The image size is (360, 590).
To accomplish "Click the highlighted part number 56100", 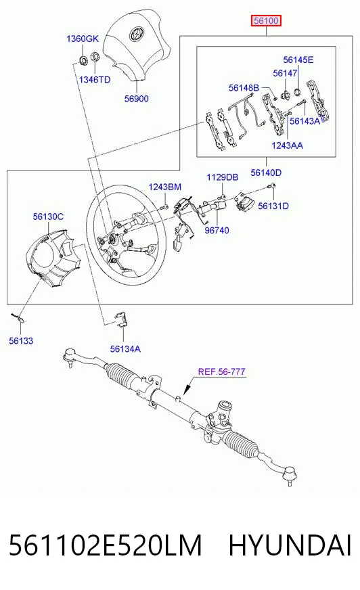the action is pyautogui.click(x=267, y=21).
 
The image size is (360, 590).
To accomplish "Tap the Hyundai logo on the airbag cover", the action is pyautogui.click(x=137, y=35).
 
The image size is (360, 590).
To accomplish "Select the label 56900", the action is pyautogui.click(x=137, y=99).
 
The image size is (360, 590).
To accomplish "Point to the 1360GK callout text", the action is pyautogui.click(x=83, y=39).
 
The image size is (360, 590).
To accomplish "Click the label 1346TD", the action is pyautogui.click(x=95, y=80).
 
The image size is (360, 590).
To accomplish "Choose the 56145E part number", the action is pyautogui.click(x=298, y=60).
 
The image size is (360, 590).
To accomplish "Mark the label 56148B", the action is pyautogui.click(x=244, y=88).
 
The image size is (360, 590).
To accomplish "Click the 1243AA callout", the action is pyautogui.click(x=288, y=145).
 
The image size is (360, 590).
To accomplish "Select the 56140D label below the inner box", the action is pyautogui.click(x=266, y=173).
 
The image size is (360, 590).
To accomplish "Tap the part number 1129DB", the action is pyautogui.click(x=223, y=177).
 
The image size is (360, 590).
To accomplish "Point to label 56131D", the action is pyautogui.click(x=273, y=206).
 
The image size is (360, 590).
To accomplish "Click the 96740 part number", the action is pyautogui.click(x=217, y=230).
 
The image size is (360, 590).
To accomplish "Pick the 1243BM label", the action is pyautogui.click(x=164, y=187).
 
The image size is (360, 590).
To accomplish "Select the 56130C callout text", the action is pyautogui.click(x=48, y=217).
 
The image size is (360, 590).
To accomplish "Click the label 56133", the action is pyautogui.click(x=21, y=341).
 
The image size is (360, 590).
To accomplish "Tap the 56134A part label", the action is pyautogui.click(x=125, y=349).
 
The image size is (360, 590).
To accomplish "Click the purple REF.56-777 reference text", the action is pyautogui.click(x=221, y=371).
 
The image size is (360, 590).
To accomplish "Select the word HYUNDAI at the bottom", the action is pyautogui.click(x=290, y=545).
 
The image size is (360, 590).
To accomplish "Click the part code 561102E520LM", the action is pyautogui.click(x=106, y=545).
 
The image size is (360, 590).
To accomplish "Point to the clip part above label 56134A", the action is pyautogui.click(x=120, y=319).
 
